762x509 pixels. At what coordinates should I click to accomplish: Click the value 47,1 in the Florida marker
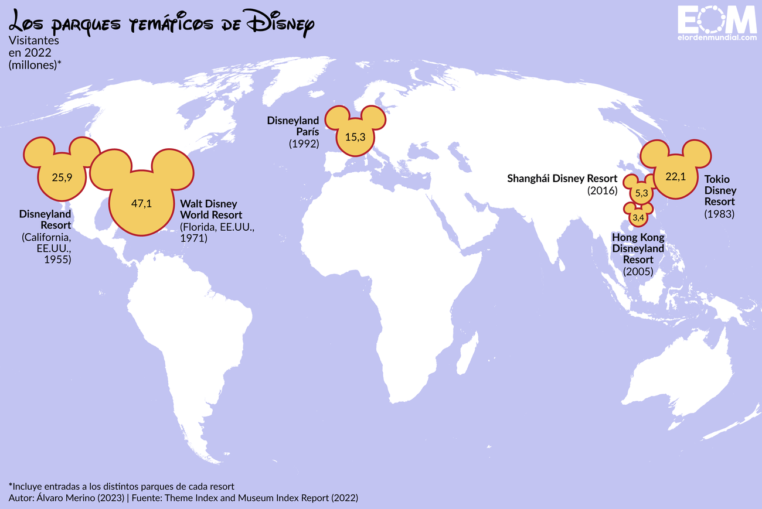[141, 204]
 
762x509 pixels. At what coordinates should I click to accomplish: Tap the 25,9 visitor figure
[62, 176]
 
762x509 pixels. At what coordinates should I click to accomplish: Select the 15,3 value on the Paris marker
[355, 137]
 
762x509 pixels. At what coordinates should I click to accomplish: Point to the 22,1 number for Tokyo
[675, 176]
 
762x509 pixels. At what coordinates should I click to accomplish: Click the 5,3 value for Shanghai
[641, 193]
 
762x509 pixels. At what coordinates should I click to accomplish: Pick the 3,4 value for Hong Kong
[638, 218]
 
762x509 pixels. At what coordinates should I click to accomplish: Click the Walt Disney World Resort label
[211, 209]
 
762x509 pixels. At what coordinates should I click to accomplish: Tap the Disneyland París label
[294, 126]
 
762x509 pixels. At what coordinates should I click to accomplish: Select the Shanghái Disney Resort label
[562, 178]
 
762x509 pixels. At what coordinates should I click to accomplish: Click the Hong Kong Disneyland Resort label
[638, 248]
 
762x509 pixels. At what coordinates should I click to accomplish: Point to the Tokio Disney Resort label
[720, 190]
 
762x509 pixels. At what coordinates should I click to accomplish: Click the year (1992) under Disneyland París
[304, 144]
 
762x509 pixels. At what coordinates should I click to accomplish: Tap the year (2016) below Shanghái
[602, 190]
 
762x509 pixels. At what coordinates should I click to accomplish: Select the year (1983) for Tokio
[719, 214]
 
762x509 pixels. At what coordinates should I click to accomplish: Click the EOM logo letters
[717, 20]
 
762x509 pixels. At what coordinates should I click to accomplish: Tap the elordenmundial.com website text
[717, 38]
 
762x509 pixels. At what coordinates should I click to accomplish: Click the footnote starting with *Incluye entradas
[121, 486]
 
